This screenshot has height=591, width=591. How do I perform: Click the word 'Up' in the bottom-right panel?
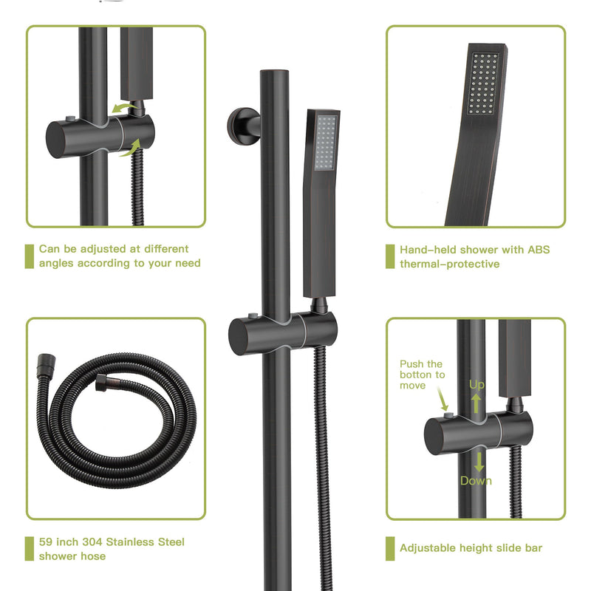pos(477,385)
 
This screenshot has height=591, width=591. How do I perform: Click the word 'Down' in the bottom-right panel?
pos(476,481)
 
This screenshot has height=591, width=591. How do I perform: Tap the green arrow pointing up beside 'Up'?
pos(477,403)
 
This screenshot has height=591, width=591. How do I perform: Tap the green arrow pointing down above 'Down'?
pos(479,462)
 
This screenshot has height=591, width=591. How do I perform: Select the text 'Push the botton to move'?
pos(422,375)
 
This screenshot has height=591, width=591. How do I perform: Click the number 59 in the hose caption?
pos(47,542)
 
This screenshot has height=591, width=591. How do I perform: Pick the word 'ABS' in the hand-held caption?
pos(539,250)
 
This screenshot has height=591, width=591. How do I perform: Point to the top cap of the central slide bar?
pos(276,74)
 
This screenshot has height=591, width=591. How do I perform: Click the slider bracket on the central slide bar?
pos(282,325)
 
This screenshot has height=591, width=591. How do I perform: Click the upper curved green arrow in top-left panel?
pos(124,109)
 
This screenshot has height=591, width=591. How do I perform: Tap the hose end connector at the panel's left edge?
pos(43,363)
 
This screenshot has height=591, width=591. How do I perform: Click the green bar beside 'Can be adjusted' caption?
pos(29,256)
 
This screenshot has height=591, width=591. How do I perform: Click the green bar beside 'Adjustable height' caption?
pos(389,548)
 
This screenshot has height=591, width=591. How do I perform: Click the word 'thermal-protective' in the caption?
pos(450,264)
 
